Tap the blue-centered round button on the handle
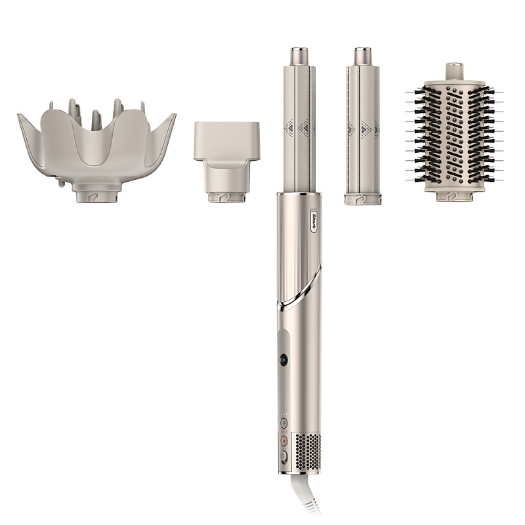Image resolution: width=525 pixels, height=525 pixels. pos(284,360)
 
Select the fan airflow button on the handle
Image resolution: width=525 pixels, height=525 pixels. pos(284,423)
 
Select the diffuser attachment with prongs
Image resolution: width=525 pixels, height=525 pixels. pos(96,148)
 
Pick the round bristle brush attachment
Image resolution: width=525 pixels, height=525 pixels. pos(455,135)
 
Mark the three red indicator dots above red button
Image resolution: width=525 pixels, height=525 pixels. pos(284,432)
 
